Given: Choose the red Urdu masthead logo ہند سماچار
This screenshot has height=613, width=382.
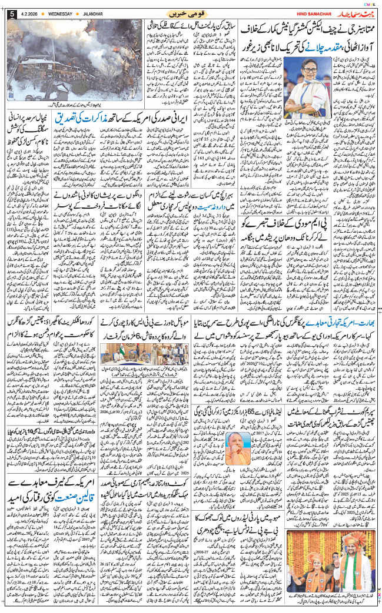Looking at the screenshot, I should (x=350, y=12).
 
